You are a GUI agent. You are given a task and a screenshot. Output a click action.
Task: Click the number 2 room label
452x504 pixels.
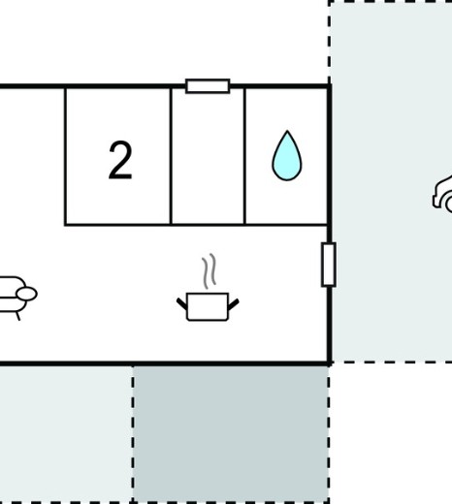pyautogui.click(x=120, y=160)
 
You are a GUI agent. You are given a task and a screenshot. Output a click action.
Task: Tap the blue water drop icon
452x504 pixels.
pyautogui.click(x=287, y=156)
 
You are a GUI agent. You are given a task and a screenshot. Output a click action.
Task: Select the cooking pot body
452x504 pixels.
pyautogui.click(x=208, y=306)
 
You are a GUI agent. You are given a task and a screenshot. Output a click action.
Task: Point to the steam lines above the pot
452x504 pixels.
pyautogui.click(x=210, y=271)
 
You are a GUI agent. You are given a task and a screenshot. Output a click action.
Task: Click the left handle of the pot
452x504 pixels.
pyautogui.click(x=181, y=303)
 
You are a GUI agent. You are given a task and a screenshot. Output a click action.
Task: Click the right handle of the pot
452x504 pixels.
pyautogui.click(x=234, y=304)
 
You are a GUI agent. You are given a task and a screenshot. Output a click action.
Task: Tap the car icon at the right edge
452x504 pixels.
pyautogui.click(x=442, y=194)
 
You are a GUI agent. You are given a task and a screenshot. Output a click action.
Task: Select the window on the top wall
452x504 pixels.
pyautogui.click(x=208, y=86)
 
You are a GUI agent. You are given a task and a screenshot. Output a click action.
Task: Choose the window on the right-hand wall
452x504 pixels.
pyautogui.click(x=329, y=265)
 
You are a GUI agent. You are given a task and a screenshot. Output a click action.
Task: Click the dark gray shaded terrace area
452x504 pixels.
pyautogui.click(x=231, y=433)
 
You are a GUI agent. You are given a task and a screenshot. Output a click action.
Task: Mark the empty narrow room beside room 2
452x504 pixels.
pyautogui.click(x=208, y=156)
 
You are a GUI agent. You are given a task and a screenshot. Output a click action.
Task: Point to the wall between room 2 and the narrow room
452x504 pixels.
pyautogui.click(x=171, y=156)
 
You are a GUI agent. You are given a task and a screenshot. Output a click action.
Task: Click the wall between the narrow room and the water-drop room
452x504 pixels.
pyautogui.click(x=244, y=156)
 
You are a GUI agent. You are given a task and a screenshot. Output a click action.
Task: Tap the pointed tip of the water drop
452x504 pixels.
pyautogui.click(x=287, y=131)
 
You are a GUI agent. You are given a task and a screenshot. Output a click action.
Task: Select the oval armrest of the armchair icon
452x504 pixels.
pyautogui.click(x=26, y=295)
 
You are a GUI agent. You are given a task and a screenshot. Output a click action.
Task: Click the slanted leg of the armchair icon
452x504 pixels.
pyautogui.click(x=18, y=316)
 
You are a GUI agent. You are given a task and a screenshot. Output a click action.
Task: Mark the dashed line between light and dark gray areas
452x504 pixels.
pyautogui.click(x=133, y=434)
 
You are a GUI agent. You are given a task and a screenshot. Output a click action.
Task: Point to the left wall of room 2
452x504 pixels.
pyautogui.click(x=66, y=156)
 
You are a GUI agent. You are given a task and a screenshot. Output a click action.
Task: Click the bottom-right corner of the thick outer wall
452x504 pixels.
pyautogui.click(x=329, y=363)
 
